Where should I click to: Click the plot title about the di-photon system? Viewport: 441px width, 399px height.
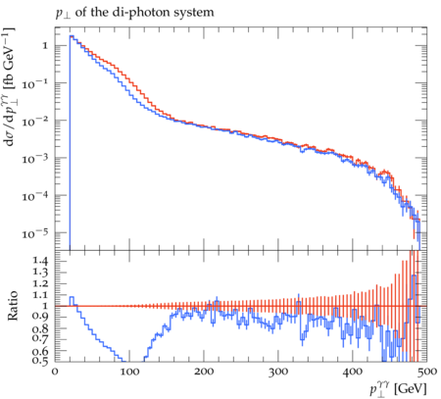[x=135, y=13]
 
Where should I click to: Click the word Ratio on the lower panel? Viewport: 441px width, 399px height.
[x=13, y=306]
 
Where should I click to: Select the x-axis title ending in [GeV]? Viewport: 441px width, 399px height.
[x=398, y=389]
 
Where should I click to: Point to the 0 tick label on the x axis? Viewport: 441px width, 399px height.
[x=55, y=372]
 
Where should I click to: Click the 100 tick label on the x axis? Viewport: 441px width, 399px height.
[x=129, y=372]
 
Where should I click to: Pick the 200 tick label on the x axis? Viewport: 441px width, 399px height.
[x=204, y=372]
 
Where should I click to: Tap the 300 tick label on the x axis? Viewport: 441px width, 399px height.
[x=278, y=372]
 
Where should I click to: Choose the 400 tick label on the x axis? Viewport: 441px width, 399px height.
[x=353, y=372]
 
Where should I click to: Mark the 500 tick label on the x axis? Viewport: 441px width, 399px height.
[x=427, y=372]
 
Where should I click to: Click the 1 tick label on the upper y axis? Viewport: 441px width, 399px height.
[x=45, y=45]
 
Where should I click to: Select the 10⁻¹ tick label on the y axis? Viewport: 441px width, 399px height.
[x=35, y=83]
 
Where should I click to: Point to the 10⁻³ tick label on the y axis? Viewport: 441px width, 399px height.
[x=35, y=159]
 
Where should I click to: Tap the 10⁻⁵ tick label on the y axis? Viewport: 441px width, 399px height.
[x=35, y=233]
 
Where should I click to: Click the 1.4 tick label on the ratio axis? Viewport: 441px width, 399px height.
[x=40, y=261]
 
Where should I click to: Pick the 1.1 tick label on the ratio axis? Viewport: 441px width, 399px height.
[x=40, y=295]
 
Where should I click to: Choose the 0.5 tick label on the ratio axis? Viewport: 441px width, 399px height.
[x=40, y=360]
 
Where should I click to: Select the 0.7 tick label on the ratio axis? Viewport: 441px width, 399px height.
[x=40, y=337]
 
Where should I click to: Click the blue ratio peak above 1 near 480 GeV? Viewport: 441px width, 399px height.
[x=414, y=275]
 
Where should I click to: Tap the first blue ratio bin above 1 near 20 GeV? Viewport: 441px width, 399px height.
[x=72, y=297]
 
